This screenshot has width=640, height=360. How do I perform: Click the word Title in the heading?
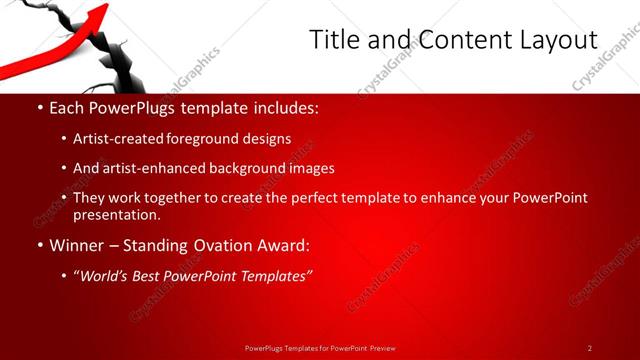point(333,39)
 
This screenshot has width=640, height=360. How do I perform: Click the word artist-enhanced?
point(150,168)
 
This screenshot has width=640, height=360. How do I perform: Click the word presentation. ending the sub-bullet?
point(116,215)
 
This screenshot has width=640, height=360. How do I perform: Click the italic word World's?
point(105,275)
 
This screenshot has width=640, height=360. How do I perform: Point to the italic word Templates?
point(273,275)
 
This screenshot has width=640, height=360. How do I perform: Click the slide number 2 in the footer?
point(590,348)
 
